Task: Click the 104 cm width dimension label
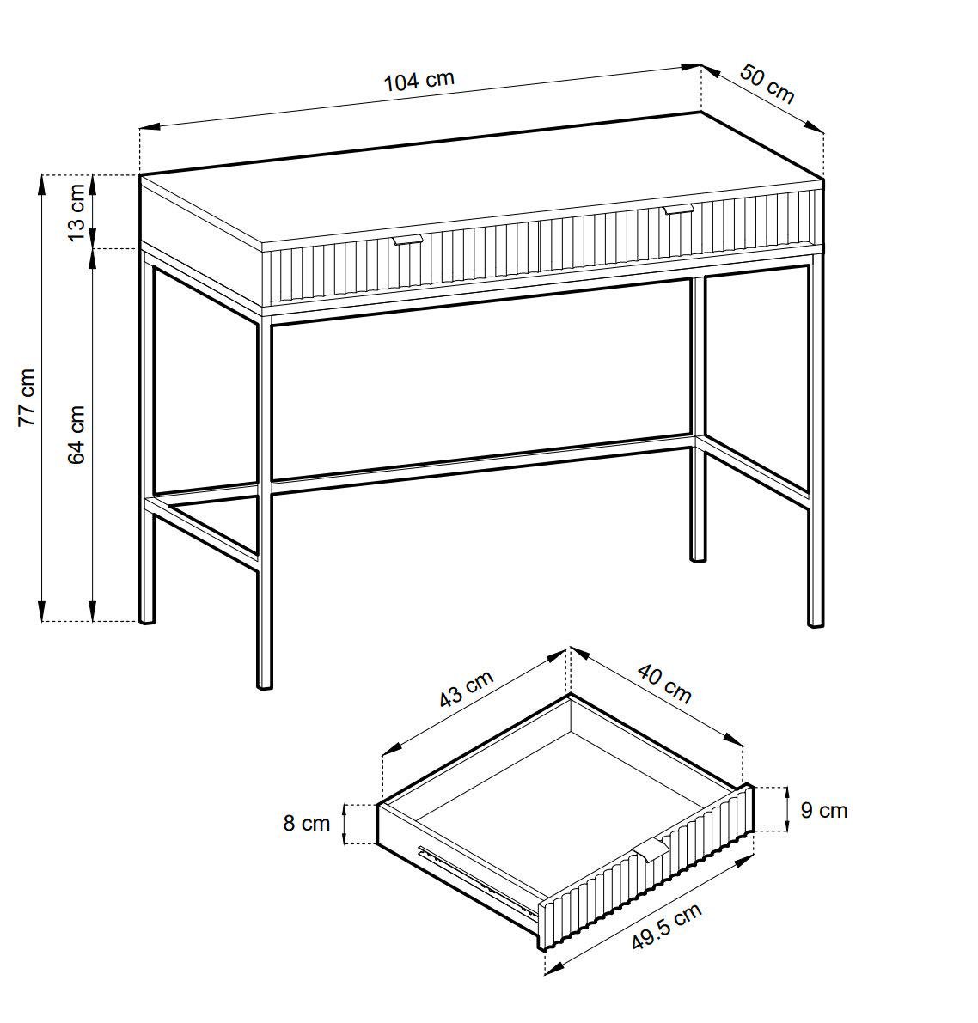pos(419,82)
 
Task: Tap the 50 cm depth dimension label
pos(767,83)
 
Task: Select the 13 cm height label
pos(76,211)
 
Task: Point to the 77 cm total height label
pos(27,397)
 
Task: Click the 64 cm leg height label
pos(76,434)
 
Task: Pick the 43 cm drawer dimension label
pos(466,688)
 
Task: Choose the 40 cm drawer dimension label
pos(664,683)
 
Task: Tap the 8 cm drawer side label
pos(306,823)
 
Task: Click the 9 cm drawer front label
pos(823,810)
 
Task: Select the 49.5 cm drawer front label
pos(667,927)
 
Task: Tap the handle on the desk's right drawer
pos(678,209)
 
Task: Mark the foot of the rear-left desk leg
pos(147,619)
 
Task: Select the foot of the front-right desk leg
pos(816,623)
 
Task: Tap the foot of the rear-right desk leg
pos(698,557)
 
